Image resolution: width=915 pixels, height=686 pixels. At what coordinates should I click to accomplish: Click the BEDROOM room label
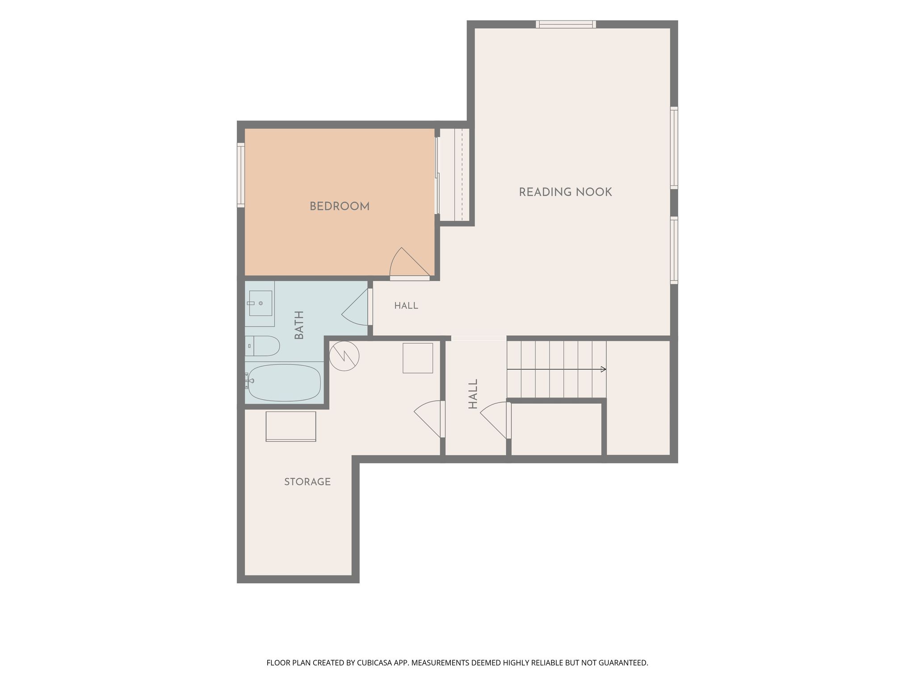340,206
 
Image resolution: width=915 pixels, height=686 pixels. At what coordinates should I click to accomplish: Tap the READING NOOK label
565,192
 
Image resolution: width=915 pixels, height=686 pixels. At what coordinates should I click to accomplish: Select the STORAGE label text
307,481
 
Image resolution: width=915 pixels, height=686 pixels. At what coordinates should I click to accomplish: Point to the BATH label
299,325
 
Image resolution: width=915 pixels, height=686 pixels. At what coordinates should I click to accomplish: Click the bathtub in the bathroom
283,383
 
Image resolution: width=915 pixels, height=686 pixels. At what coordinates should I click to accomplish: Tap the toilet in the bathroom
262,346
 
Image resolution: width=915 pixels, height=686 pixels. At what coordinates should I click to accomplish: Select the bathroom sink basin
260,303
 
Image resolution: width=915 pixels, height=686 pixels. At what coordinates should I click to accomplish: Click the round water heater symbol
344,356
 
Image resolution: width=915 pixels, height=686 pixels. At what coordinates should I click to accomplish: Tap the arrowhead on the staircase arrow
604,369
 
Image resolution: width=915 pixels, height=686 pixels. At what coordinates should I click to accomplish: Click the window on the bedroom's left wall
241,175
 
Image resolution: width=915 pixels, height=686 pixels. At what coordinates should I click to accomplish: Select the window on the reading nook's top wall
566,24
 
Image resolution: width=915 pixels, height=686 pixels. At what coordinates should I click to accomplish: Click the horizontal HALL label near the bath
406,306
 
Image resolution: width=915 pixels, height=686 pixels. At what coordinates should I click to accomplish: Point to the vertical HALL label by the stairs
473,394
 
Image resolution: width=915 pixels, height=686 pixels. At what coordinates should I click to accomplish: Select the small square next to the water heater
418,358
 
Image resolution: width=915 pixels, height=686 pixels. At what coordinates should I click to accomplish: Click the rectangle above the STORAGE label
291,427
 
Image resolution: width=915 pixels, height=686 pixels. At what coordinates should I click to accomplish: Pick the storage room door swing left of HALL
429,419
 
